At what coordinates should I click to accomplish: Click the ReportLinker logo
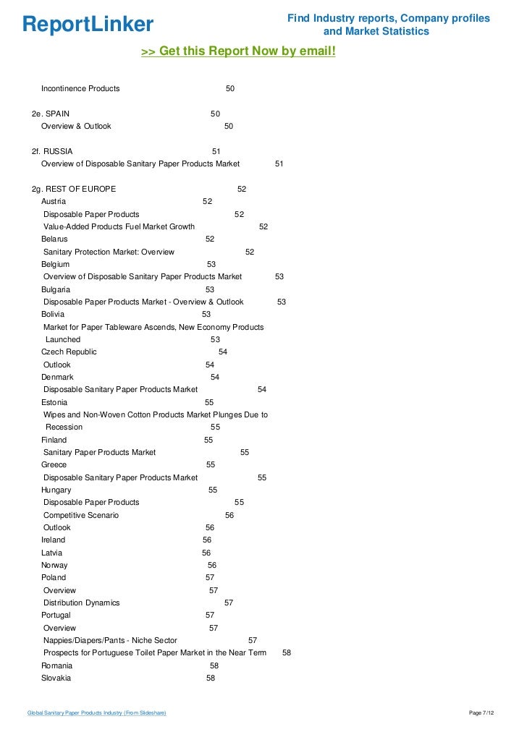(88, 25)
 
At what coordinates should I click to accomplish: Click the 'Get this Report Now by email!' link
(238, 52)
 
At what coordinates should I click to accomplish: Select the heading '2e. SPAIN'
(51, 114)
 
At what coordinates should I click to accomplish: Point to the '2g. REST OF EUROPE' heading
(74, 189)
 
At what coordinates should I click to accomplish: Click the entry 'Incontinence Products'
(80, 88)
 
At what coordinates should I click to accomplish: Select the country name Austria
(54, 201)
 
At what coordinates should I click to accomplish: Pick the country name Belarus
(54, 239)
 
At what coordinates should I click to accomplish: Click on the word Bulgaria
(56, 289)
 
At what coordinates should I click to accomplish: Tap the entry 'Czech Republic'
(69, 352)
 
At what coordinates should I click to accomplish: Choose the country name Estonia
(54, 402)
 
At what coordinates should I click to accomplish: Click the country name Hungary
(56, 490)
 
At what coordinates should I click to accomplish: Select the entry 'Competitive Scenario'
(81, 515)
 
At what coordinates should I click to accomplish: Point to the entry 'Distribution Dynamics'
(82, 603)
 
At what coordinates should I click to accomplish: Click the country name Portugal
(56, 616)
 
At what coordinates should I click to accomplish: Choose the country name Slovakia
(56, 678)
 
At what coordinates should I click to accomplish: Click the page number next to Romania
(214, 665)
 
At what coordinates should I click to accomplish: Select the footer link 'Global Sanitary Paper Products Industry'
(96, 714)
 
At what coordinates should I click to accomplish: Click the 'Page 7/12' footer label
(481, 714)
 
